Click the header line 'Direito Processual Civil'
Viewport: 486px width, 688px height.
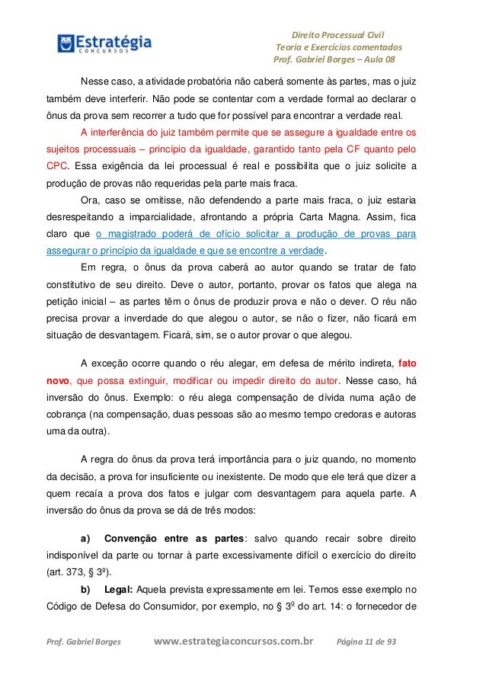coord(339,34)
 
